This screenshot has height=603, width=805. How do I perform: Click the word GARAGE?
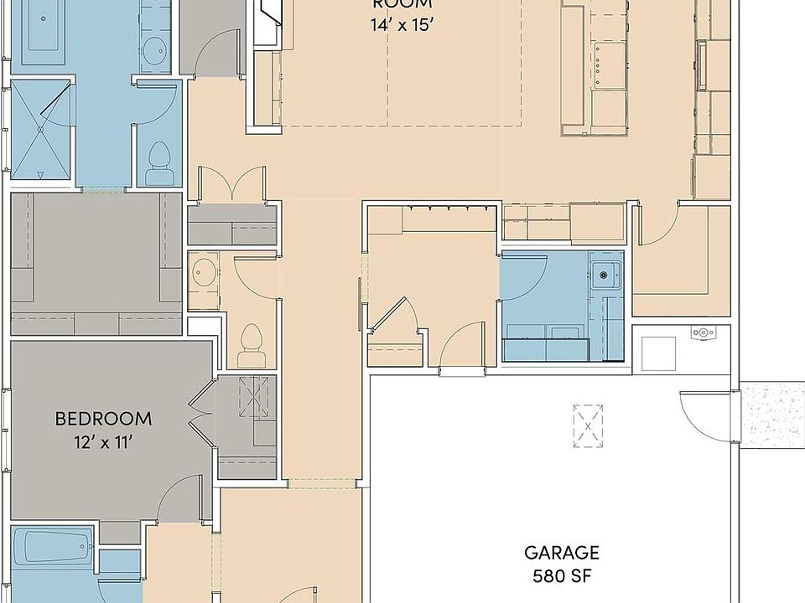pyautogui.click(x=562, y=553)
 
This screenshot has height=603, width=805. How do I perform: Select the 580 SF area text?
pyautogui.click(x=562, y=576)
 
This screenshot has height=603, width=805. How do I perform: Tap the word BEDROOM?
pyautogui.click(x=103, y=418)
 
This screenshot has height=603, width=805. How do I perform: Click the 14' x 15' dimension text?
pyautogui.click(x=402, y=24)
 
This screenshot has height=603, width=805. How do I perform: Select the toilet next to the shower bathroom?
pyautogui.click(x=158, y=161)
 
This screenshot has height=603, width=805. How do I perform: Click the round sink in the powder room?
pyautogui.click(x=204, y=273)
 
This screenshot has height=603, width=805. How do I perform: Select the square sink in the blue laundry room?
pyautogui.click(x=605, y=271)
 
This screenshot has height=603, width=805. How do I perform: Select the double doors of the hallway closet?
pyautogui.click(x=232, y=184)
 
